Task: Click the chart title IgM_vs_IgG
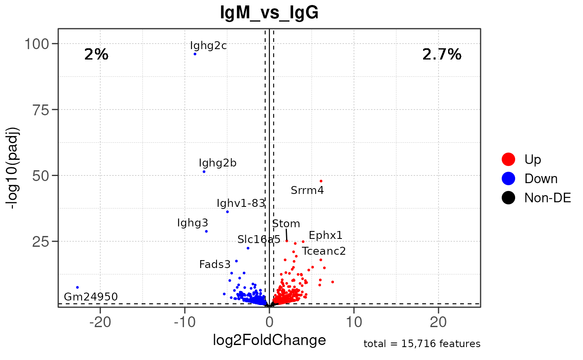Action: point(269,13)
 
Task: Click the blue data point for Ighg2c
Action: point(195,54)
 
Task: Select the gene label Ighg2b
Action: point(217,163)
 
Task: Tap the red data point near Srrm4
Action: point(321,181)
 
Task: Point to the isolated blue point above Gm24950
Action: point(77,287)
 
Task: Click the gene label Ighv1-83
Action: point(241,203)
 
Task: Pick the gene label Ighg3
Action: point(192,223)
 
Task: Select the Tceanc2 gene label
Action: point(324,251)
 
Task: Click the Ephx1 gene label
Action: point(326,236)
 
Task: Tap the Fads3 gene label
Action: point(214,264)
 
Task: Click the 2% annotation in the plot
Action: point(96,55)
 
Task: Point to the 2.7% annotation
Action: point(442,55)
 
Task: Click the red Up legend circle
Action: point(508,159)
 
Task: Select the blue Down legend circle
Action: point(508,179)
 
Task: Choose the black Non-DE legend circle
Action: point(508,198)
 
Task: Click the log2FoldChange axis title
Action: point(269,340)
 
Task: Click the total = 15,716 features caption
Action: point(422,344)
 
